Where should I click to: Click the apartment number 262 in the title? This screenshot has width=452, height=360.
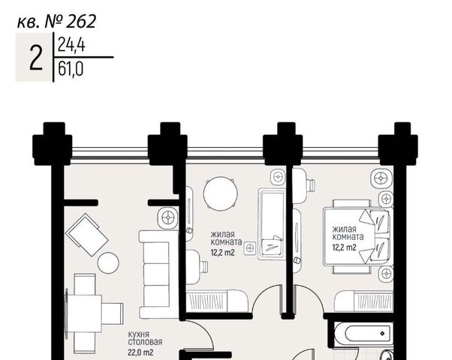(81, 22)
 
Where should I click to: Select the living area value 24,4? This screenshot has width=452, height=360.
(71, 45)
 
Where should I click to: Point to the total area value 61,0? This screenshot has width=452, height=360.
(71, 69)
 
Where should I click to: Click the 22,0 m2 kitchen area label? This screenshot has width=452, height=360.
(140, 352)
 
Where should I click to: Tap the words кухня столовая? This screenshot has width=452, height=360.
(145, 338)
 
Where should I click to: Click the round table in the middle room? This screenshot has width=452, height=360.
(221, 193)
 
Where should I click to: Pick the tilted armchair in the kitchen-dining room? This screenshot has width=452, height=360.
(87, 235)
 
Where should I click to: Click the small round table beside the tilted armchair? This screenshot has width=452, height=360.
(108, 262)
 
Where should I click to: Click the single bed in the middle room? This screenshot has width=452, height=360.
(272, 224)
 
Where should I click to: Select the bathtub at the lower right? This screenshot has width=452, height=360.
(363, 334)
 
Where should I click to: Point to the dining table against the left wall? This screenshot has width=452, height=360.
(84, 313)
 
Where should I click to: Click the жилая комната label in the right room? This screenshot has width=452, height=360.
(348, 233)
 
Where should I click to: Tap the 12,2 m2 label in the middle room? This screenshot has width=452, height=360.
(222, 253)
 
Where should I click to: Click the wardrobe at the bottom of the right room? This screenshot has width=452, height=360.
(364, 301)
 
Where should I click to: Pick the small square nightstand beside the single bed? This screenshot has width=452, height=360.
(250, 247)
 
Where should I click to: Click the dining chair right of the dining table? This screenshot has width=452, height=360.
(113, 313)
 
